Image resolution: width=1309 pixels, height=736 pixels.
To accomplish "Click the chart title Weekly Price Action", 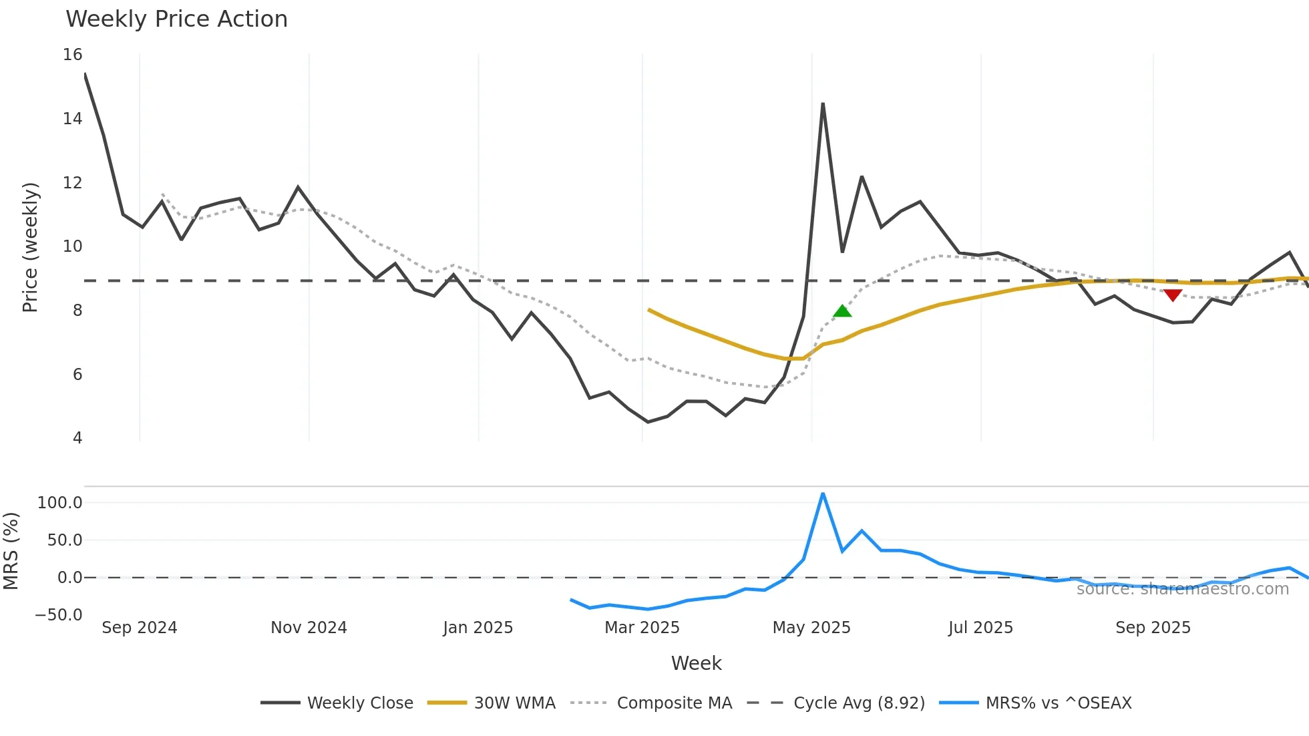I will coord(176,19).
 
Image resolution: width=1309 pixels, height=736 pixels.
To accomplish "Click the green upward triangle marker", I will coord(842,311).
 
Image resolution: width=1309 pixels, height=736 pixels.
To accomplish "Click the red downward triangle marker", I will coord(1173,295).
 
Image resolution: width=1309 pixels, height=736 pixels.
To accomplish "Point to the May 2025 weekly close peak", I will coord(823,104).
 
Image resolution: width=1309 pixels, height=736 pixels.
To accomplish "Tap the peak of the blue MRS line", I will coord(823,494).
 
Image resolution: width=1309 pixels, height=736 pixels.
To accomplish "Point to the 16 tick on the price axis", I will coord(73,55).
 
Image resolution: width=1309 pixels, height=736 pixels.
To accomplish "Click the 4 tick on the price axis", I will coord(77,438).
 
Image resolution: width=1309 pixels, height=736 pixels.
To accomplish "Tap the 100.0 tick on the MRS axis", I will coord(60,503).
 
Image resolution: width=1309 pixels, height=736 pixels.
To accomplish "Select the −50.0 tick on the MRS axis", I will coord(59,615).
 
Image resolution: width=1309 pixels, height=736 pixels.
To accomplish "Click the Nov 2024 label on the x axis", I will coord(309,628).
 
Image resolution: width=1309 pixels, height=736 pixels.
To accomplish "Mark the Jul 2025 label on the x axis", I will coord(980,628).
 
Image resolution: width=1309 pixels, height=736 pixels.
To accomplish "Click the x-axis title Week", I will coord(696,663).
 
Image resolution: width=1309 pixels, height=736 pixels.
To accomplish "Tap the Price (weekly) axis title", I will coord(30,247).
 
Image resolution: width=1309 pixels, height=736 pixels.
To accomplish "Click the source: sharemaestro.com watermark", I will coord(1182,589).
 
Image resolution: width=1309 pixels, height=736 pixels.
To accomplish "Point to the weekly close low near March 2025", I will coord(648,422).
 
